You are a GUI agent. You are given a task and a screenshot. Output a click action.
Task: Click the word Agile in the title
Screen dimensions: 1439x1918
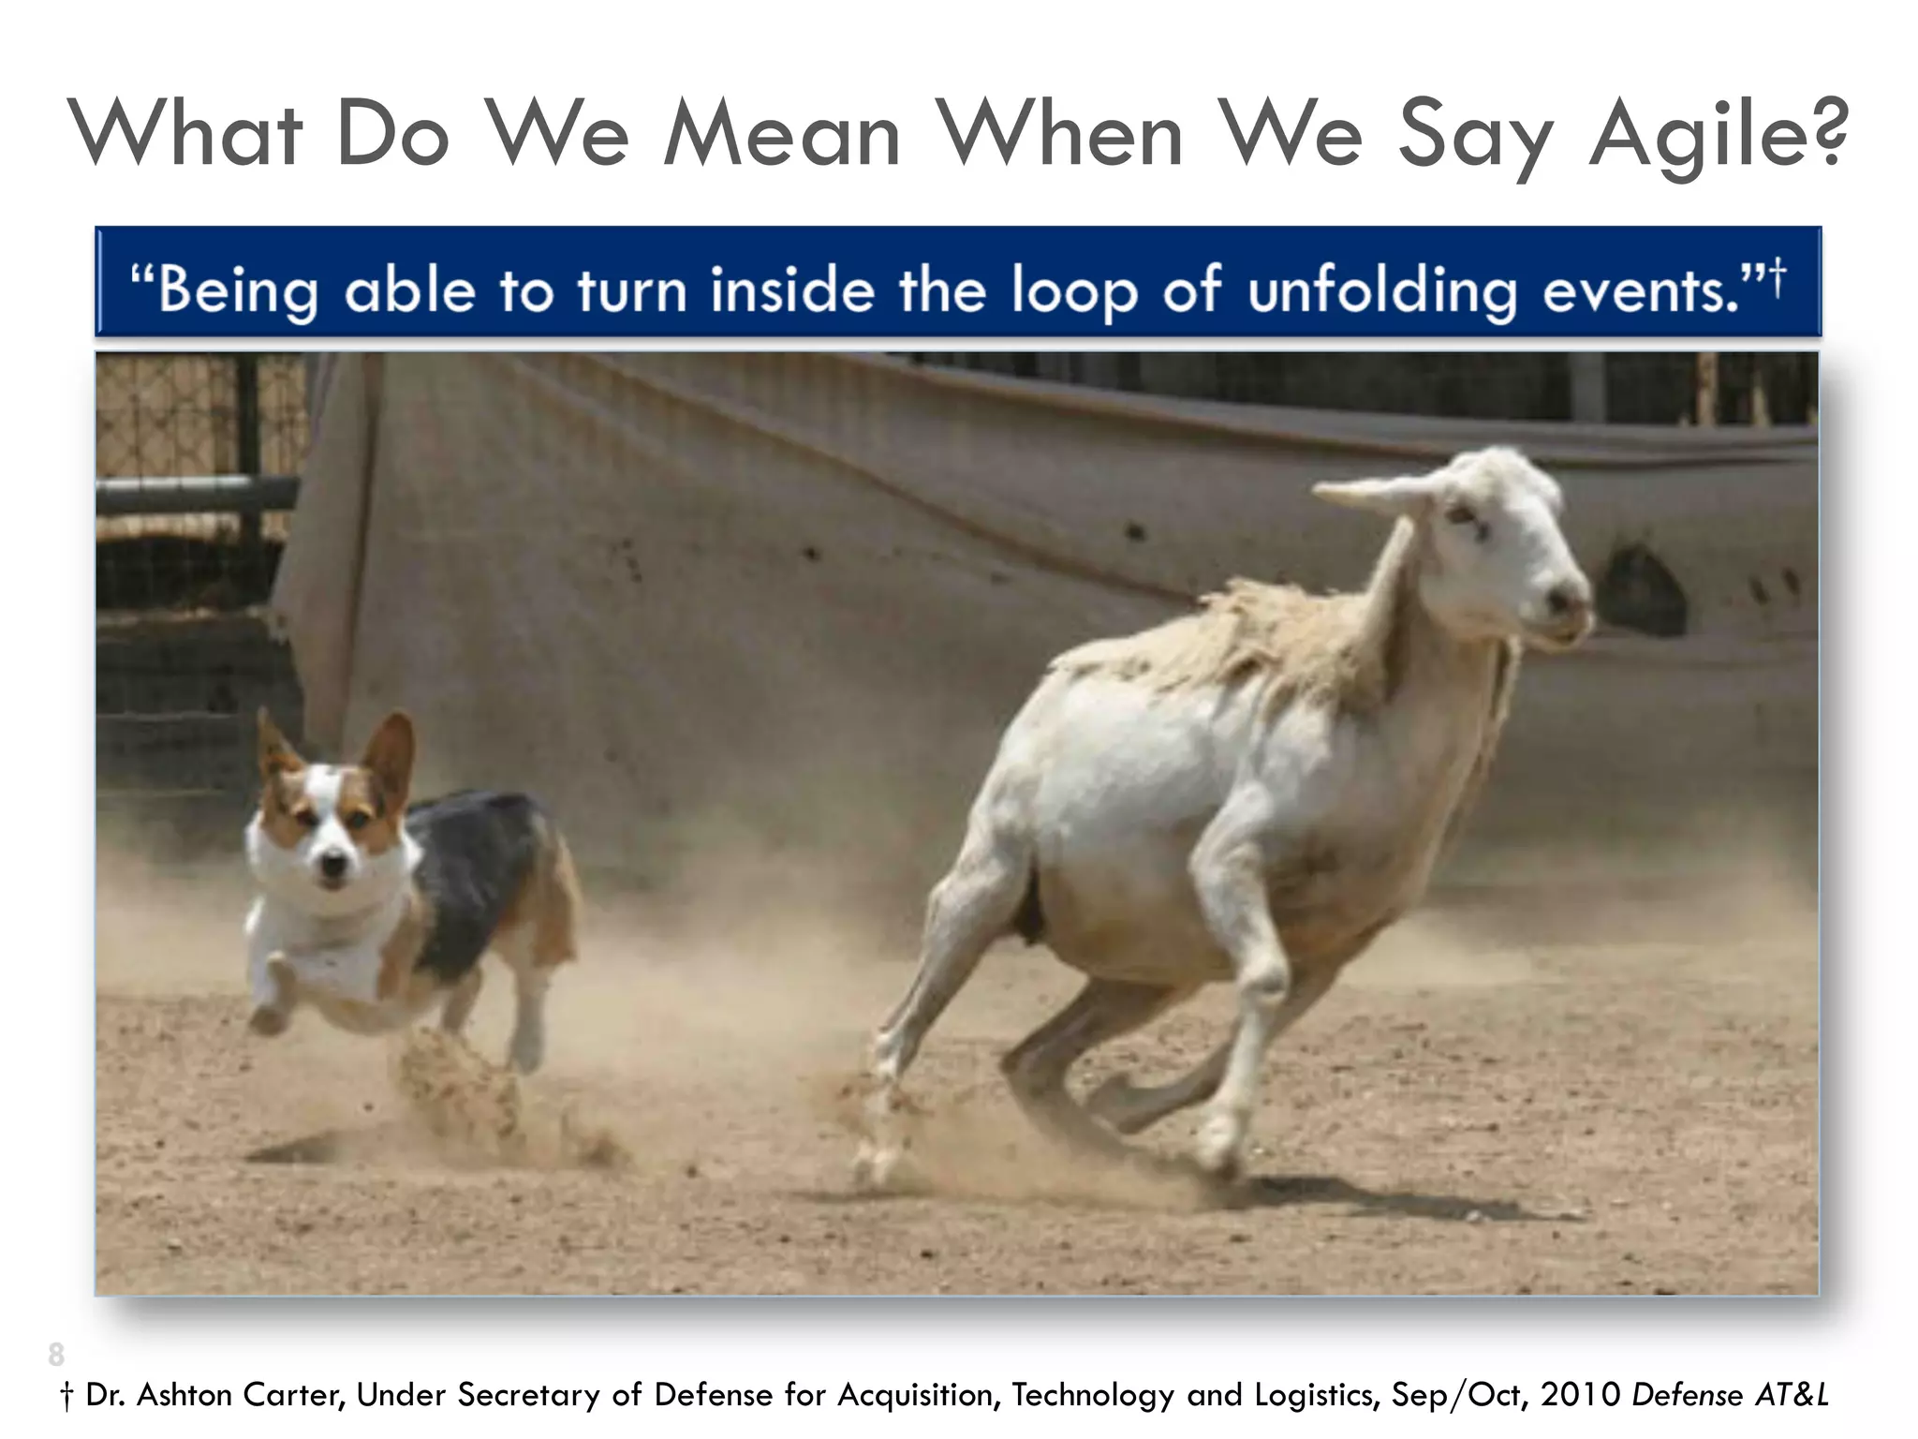click(1696, 136)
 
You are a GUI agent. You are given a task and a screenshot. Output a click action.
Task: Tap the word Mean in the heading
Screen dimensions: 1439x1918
click(782, 136)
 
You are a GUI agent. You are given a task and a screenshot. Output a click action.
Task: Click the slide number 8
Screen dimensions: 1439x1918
click(56, 1355)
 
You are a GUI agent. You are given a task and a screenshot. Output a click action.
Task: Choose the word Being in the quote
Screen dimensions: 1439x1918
click(239, 290)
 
